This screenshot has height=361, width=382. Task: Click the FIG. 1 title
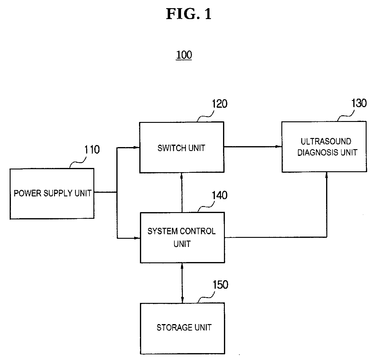point(189,14)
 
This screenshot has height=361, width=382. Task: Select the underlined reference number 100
point(184,55)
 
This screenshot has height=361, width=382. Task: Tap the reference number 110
point(92,149)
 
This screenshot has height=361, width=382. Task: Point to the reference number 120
point(219,104)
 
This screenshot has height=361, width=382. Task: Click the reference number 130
point(359,103)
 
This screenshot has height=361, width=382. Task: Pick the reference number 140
point(219,195)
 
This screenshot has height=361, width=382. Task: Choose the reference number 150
point(220,284)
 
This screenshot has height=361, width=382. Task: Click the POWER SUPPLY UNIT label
point(53,193)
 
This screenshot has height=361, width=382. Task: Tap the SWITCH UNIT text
point(181,148)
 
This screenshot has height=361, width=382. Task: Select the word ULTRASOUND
point(326,141)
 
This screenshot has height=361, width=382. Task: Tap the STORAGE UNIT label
point(184,327)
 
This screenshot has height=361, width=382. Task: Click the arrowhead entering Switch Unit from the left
point(137,148)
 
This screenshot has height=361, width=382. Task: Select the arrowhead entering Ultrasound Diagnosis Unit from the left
point(279,146)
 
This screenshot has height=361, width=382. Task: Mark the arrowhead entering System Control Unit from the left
point(137,238)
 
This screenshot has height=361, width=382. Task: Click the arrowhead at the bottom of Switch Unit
point(181,176)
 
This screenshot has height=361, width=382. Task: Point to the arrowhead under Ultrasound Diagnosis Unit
point(326,175)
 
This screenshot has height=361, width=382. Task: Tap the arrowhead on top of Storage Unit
point(182,300)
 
